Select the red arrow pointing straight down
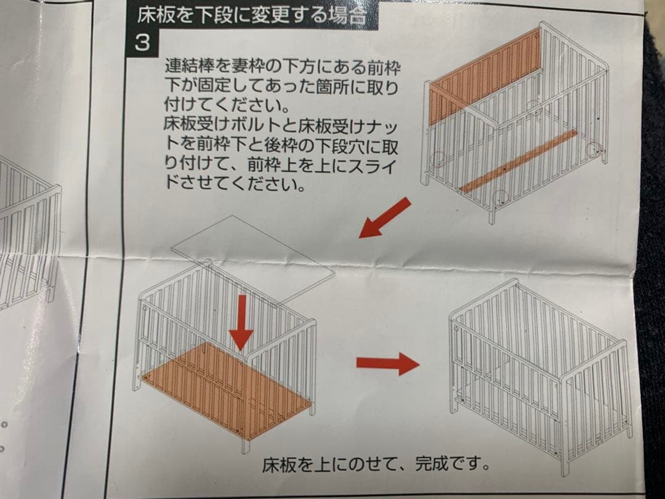click(241, 321)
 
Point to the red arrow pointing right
click(387, 363)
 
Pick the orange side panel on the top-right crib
click(484, 77)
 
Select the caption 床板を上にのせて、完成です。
click(377, 463)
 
